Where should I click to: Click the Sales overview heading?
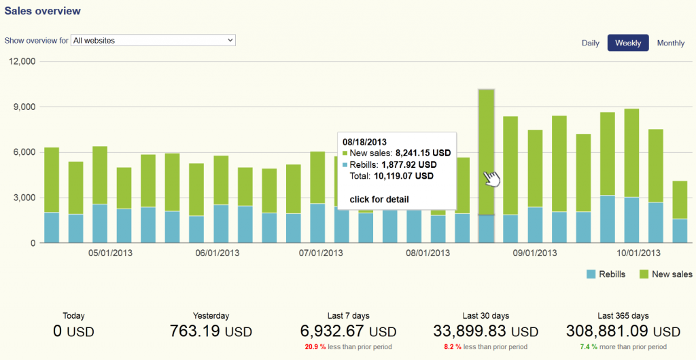(43, 11)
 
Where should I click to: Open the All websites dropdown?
(153, 41)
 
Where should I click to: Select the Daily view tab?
(590, 43)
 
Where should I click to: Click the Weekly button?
(628, 43)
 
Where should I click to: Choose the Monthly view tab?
(670, 43)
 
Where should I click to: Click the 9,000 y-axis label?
(24, 107)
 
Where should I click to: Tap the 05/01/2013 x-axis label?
(110, 253)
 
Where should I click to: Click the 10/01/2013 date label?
(638, 253)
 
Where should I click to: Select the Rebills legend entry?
(601, 274)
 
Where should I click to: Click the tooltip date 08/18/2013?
(364, 142)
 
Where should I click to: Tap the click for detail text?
(379, 199)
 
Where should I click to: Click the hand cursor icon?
(491, 178)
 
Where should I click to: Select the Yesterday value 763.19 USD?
(210, 331)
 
